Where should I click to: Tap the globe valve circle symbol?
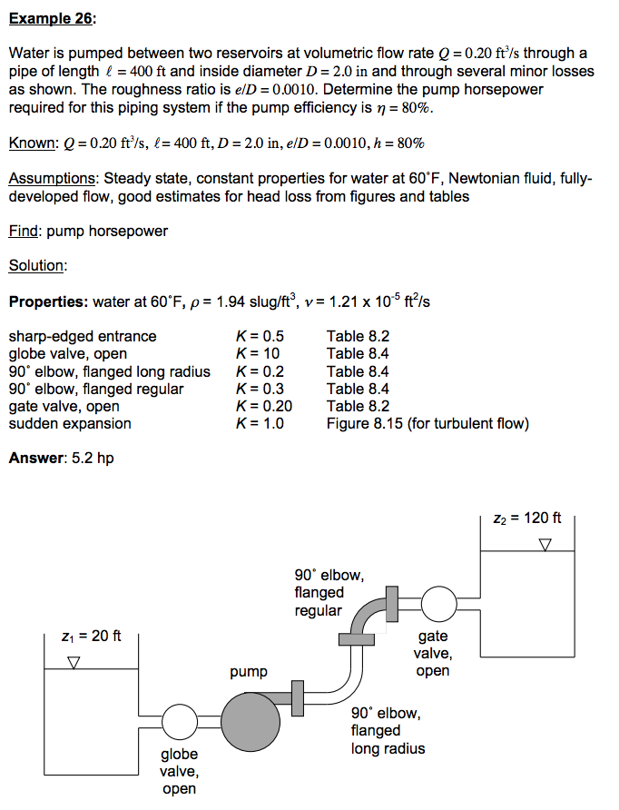pyautogui.click(x=180, y=723)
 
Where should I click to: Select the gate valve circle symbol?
pyautogui.click(x=439, y=602)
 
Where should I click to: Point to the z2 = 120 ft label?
pyautogui.click(x=527, y=518)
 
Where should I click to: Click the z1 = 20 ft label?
pyautogui.click(x=92, y=636)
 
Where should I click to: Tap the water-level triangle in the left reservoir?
pyautogui.click(x=74, y=663)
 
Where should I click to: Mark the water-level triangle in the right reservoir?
pyautogui.click(x=545, y=545)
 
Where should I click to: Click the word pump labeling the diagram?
pyautogui.click(x=249, y=672)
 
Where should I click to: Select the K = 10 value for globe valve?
pyautogui.click(x=258, y=353)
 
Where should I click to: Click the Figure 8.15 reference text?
pyautogui.click(x=365, y=423)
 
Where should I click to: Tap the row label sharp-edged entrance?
pyautogui.click(x=82, y=336)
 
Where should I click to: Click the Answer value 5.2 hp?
pyautogui.click(x=93, y=458)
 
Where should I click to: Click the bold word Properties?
pyautogui.click(x=46, y=301)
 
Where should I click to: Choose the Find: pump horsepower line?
pyautogui.click(x=88, y=231)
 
